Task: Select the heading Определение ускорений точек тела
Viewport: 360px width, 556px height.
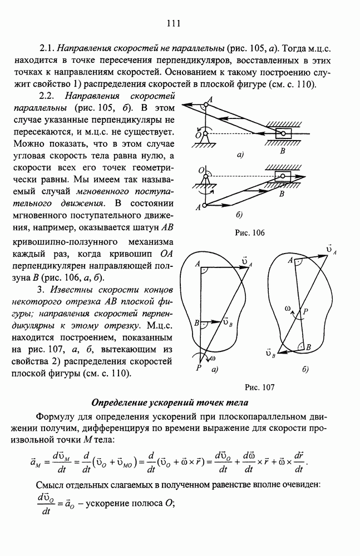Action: point(173,403)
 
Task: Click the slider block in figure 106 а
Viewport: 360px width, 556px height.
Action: point(284,134)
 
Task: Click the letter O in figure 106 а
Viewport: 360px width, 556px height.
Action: point(198,135)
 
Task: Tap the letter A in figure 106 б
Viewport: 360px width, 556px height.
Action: point(198,207)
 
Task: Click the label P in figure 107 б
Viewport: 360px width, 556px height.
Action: point(305,313)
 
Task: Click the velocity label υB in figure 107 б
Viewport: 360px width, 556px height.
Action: point(271,353)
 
